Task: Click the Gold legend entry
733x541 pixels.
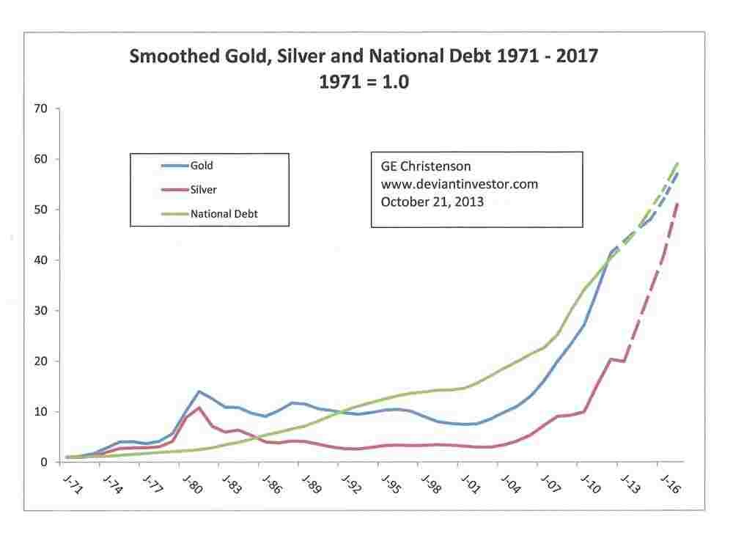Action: click(202, 166)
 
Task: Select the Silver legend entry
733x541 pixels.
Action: click(203, 190)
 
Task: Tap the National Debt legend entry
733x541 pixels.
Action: click(224, 215)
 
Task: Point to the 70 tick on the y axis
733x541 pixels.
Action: click(40, 109)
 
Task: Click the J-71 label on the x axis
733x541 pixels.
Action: click(73, 486)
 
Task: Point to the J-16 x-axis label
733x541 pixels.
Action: click(670, 486)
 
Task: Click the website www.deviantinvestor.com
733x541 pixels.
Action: click(459, 184)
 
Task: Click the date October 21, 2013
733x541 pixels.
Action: click(432, 201)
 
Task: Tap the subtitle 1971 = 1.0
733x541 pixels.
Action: click(364, 82)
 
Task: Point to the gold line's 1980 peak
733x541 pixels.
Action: click(199, 391)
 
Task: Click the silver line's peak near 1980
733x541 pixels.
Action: click(199, 408)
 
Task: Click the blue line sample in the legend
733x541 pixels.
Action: click(174, 166)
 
